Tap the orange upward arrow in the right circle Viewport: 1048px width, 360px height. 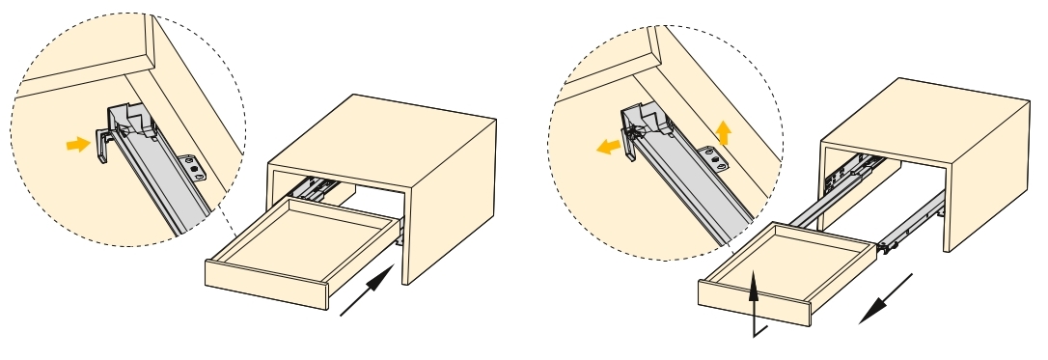coord(724,131)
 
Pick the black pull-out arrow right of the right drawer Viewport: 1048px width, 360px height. coord(886,299)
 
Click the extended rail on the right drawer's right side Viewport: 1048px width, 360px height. coord(912,217)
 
